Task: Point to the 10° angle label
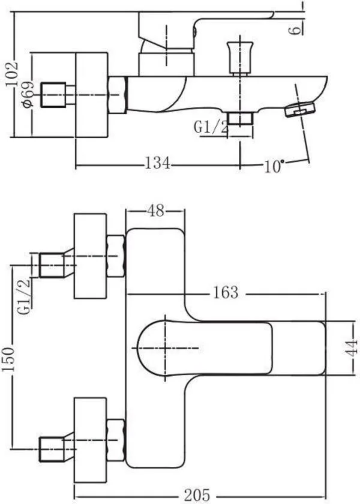[x=273, y=166]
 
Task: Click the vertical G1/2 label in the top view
[x=25, y=296]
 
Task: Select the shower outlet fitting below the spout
[x=241, y=118]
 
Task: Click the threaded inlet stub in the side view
[x=52, y=95]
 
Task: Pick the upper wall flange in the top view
[x=89, y=255]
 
